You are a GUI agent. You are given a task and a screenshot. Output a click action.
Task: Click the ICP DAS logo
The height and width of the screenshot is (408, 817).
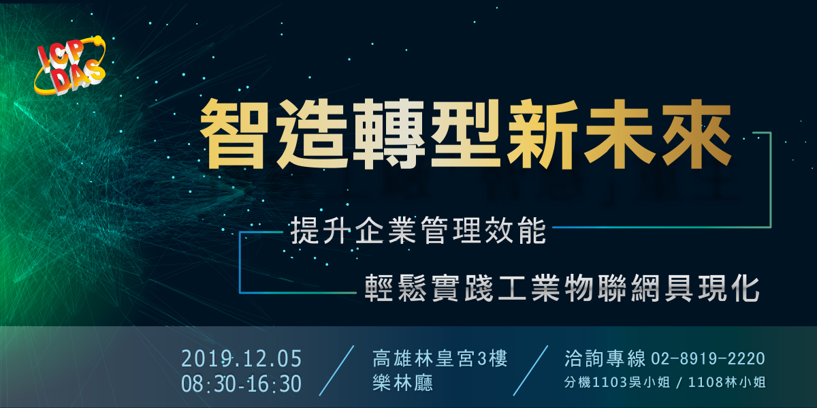[x=70, y=65]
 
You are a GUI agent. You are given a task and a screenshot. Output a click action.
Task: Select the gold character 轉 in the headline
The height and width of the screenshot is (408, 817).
[x=389, y=134]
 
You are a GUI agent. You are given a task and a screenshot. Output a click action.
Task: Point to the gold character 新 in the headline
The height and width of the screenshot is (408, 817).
[x=543, y=134]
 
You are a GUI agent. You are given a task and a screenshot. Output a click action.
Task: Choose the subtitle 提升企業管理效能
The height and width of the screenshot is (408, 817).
[x=418, y=231]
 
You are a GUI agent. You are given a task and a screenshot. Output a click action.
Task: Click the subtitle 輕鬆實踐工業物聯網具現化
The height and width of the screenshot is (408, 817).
[x=562, y=288]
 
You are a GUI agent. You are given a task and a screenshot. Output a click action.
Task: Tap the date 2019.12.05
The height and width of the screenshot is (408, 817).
[x=242, y=359]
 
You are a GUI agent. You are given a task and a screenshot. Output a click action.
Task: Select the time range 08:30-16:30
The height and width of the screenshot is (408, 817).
[x=242, y=383]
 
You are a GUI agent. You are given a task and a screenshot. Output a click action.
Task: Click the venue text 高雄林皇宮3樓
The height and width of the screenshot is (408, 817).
[x=440, y=358]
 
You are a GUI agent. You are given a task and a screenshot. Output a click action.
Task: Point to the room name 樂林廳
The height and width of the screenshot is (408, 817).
[x=403, y=383]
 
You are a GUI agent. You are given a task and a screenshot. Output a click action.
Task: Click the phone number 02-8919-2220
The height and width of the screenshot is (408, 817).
[x=708, y=359]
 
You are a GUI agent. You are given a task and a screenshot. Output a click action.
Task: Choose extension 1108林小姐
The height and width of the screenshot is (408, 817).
[x=726, y=382]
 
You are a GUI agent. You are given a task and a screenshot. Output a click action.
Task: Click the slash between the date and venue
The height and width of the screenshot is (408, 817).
[x=336, y=371]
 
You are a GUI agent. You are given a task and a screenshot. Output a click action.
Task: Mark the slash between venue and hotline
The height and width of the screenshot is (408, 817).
[x=530, y=371]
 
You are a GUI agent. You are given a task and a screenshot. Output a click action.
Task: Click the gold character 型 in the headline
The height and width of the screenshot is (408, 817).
[x=466, y=134]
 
